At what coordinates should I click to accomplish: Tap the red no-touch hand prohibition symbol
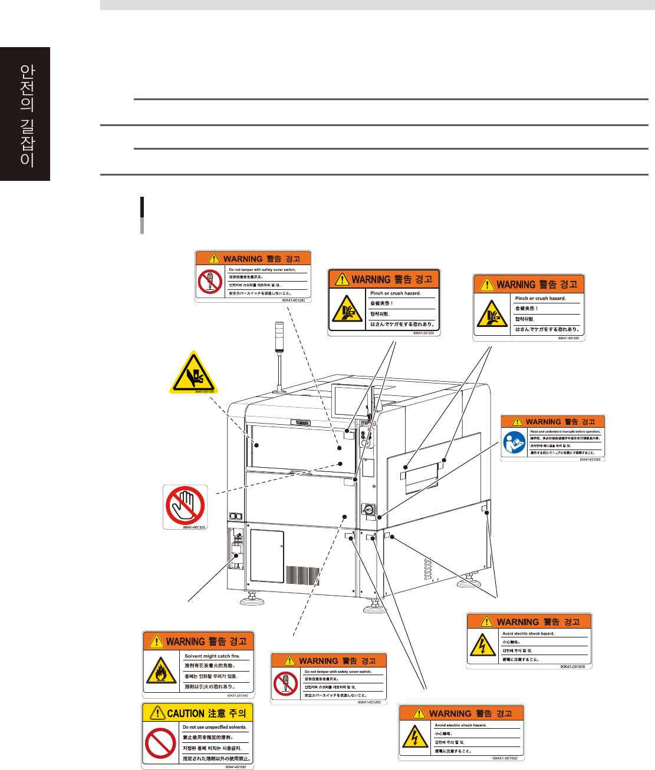coord(185,505)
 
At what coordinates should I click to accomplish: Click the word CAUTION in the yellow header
coord(186,713)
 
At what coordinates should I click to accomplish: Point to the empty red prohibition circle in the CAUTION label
coord(160,743)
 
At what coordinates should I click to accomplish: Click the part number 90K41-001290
coord(589,460)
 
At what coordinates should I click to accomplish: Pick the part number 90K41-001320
coord(193,527)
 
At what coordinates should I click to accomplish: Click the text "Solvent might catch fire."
coord(212,656)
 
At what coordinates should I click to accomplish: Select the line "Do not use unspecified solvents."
coord(215,727)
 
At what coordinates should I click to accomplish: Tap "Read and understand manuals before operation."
coord(565,432)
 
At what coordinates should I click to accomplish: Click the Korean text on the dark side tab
coord(27,115)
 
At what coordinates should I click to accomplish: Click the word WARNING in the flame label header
coord(185,642)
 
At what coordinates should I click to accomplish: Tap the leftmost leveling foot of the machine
coord(251,601)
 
